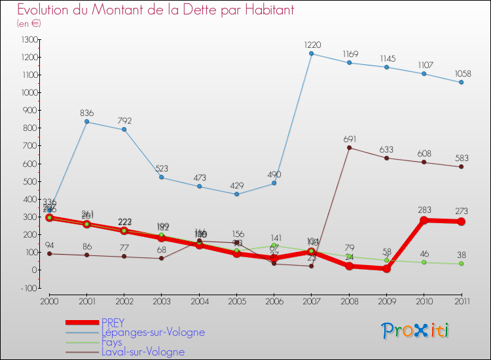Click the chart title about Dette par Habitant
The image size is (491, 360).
coord(155,10)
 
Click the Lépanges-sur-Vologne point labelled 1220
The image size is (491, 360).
coord(311,54)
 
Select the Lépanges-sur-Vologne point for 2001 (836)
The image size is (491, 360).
coord(86,122)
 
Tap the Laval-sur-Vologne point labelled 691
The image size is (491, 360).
coord(349,147)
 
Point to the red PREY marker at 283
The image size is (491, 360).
coord(424,220)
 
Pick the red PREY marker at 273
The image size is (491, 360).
coord(462,222)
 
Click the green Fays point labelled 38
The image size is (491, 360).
coord(462,263)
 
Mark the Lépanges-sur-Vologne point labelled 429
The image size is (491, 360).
coord(236,194)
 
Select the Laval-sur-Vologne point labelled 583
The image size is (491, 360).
coord(462,166)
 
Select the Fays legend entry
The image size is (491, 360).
coord(112,342)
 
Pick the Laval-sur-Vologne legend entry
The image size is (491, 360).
coord(143,352)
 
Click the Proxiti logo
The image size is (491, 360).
coord(416,331)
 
